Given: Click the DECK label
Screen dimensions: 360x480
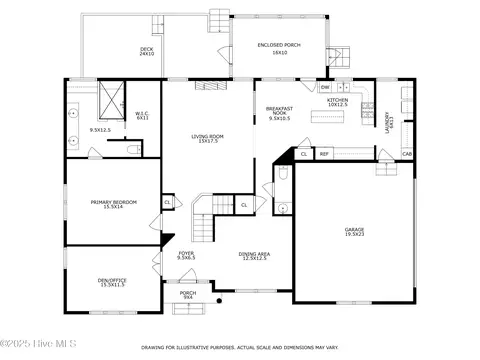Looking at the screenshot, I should tap(147, 48).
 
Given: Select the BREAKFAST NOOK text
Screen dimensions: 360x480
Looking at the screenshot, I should tap(278, 109).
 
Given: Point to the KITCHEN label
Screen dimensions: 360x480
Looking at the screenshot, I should tap(337, 100).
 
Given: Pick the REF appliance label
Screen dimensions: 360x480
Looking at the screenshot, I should tap(324, 154).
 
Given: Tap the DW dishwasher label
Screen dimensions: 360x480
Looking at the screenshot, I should tap(326, 88).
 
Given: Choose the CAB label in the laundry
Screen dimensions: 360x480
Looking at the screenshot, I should tap(407, 153).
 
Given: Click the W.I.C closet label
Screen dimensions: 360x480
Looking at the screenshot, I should tap(142, 114).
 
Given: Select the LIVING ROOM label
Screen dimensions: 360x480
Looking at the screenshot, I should tap(208, 136).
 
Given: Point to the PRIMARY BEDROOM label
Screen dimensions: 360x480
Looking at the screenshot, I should tap(113, 203).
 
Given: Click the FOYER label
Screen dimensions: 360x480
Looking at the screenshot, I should tap(187, 253).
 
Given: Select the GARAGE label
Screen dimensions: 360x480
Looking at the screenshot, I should tap(355, 230).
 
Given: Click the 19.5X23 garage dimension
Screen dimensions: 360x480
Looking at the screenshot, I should tap(355, 235).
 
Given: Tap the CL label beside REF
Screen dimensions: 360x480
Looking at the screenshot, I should tap(304, 154).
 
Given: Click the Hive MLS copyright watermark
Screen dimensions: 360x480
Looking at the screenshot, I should tap(30, 350).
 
